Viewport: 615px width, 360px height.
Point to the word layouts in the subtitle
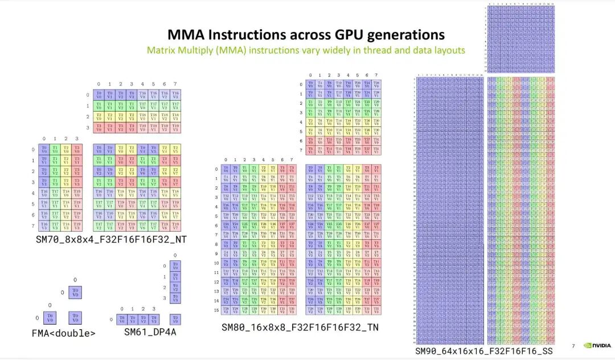tap(448, 50)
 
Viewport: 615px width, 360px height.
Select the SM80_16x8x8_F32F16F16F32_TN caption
tap(300, 327)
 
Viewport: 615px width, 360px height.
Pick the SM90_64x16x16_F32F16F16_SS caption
tap(484, 351)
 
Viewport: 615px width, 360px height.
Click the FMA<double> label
tap(63, 333)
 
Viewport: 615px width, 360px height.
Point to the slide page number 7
tap(573, 346)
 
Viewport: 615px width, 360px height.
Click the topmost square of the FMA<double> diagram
tap(75, 292)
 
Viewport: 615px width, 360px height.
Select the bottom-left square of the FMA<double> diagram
tap(50, 318)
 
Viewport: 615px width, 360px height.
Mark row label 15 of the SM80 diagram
tap(216, 310)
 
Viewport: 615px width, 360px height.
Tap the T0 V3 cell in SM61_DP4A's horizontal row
tap(154, 319)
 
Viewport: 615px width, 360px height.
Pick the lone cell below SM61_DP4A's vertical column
tap(176, 319)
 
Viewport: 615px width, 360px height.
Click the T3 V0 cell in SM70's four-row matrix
tap(99, 128)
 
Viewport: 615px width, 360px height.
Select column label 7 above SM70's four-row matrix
tap(175, 84)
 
